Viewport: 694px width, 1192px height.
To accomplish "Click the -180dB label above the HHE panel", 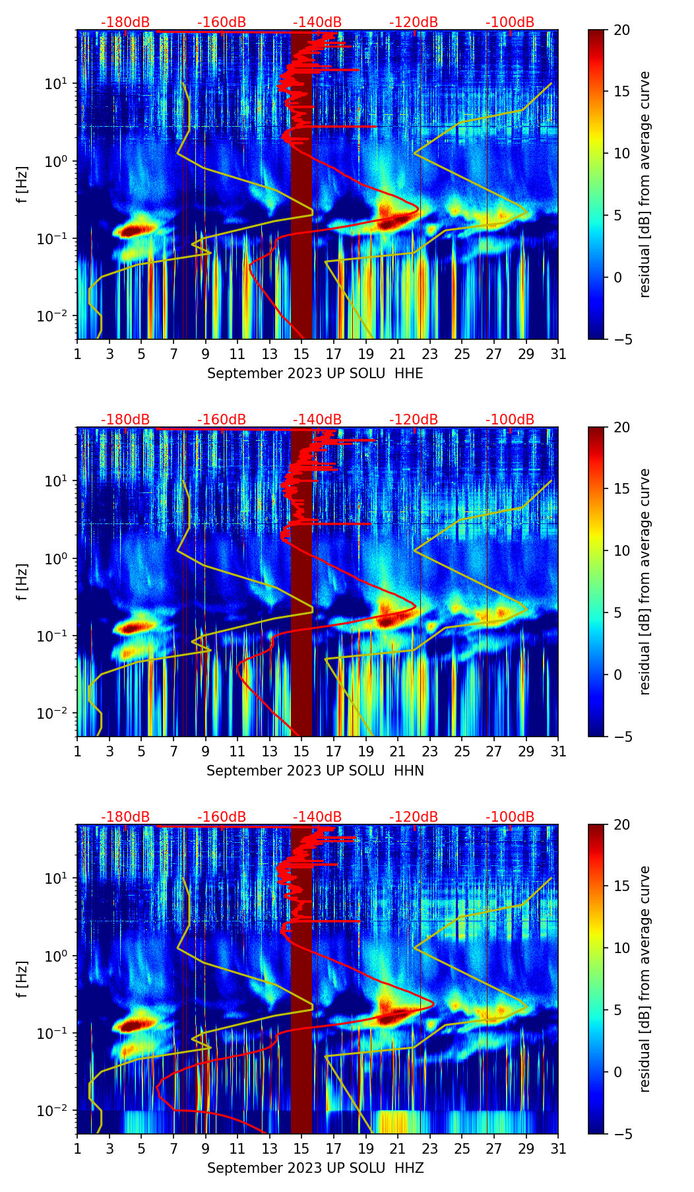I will [125, 22].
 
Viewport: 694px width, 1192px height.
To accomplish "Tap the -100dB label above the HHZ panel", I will [510, 817].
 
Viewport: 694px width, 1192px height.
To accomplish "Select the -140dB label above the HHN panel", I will [317, 420].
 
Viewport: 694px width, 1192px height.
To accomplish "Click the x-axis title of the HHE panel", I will [315, 374].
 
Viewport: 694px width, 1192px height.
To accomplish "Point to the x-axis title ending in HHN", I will [315, 771].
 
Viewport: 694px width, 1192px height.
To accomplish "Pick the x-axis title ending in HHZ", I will [315, 1168].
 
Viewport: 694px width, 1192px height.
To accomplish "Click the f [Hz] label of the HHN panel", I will [22, 582].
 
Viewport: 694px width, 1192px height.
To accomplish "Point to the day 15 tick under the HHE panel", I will [301, 354].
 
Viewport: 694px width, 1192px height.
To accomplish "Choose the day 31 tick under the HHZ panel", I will [558, 1148].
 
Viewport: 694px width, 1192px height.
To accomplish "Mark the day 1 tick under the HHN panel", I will [77, 751].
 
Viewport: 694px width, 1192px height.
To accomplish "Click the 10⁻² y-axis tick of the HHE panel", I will [58, 316].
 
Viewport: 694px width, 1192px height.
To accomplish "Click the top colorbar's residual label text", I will [645, 185].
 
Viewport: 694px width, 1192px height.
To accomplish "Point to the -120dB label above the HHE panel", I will [414, 22].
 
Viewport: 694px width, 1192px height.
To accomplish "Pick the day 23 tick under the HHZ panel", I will [430, 1148].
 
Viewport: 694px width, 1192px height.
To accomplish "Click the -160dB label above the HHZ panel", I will [222, 817].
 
